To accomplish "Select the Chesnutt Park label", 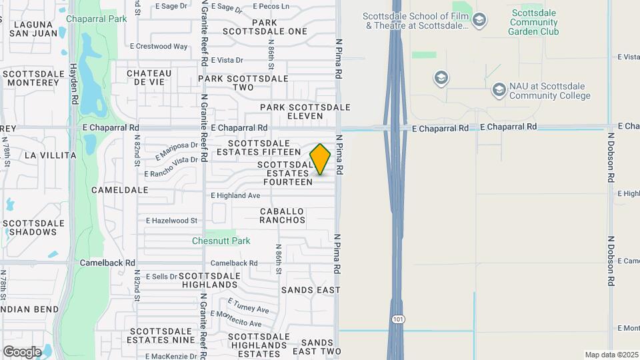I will tap(221, 241).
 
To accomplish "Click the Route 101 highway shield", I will tap(397, 319).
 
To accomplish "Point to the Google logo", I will tap(22, 351).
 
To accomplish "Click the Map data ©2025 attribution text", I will tap(611, 355).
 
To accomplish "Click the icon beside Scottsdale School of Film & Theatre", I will tap(479, 21).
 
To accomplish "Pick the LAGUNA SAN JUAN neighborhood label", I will tap(28, 29).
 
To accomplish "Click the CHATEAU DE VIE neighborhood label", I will tap(145, 77).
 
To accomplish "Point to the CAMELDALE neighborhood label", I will tap(119, 190).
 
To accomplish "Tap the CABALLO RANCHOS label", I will tap(282, 215).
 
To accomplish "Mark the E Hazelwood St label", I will tap(172, 220).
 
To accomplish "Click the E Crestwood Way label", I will tap(159, 47).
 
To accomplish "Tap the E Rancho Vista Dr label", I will tap(171, 167).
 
